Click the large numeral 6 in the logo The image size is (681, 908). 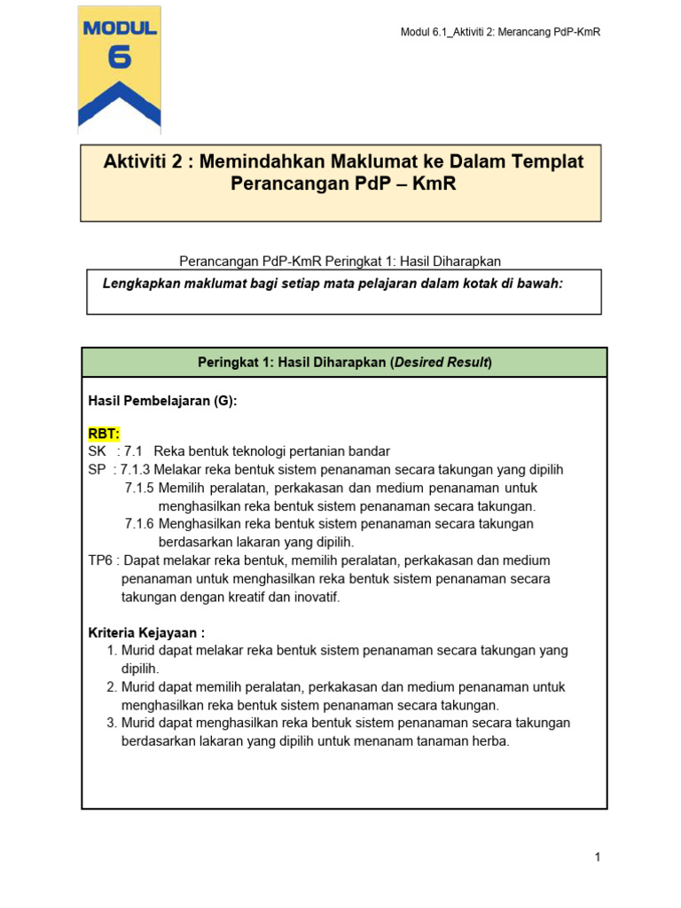[x=120, y=58]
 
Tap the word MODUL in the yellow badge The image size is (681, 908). [x=120, y=28]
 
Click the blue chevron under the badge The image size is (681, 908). [x=120, y=102]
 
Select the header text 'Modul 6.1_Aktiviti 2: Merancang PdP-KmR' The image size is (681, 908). [x=500, y=33]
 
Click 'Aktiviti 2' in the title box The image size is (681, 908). [x=145, y=162]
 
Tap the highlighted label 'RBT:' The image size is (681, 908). [x=104, y=434]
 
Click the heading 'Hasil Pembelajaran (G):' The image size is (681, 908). [x=162, y=401]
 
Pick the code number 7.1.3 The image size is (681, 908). [x=136, y=470]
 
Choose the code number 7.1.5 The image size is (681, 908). [x=139, y=488]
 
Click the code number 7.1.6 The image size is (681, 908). [x=139, y=524]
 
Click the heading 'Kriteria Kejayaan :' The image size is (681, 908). [x=147, y=633]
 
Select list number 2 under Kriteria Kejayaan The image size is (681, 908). [x=111, y=687]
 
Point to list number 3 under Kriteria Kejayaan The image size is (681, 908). [x=111, y=724]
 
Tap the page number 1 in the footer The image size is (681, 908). [x=599, y=857]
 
